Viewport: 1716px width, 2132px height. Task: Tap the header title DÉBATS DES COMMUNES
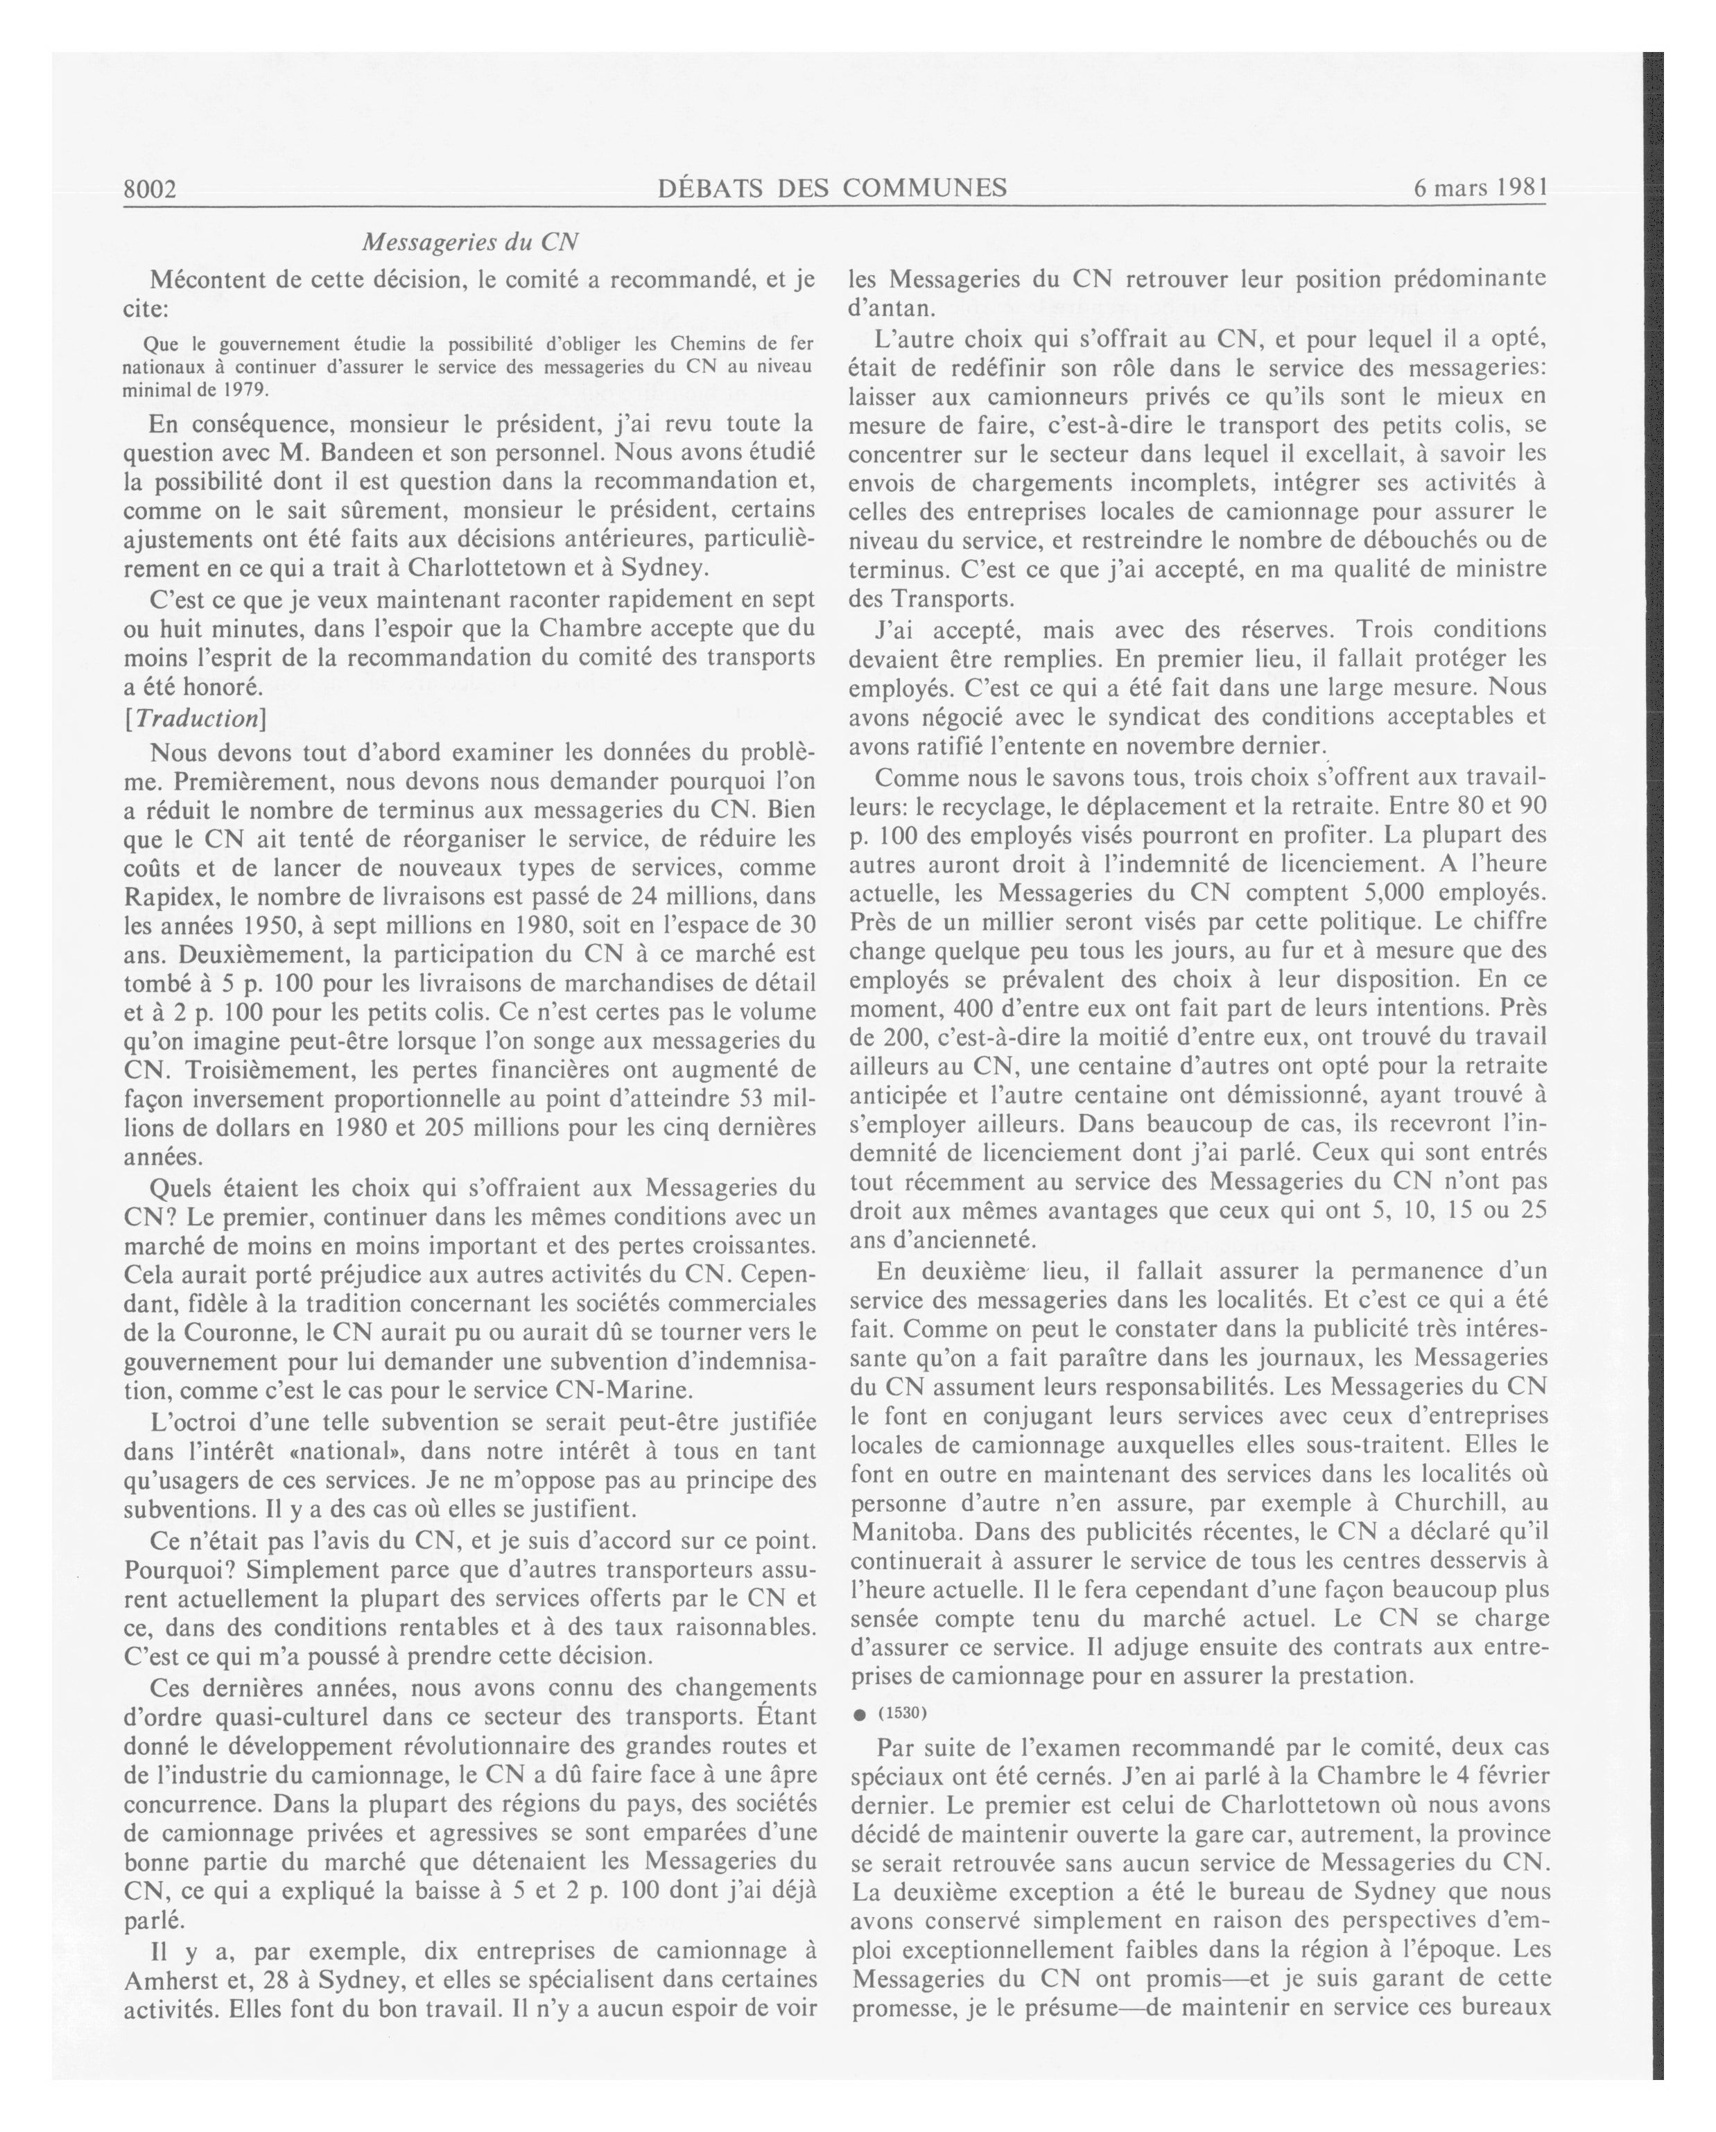pyautogui.click(x=832, y=188)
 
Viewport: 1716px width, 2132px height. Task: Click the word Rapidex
pyautogui.click(x=168, y=897)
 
